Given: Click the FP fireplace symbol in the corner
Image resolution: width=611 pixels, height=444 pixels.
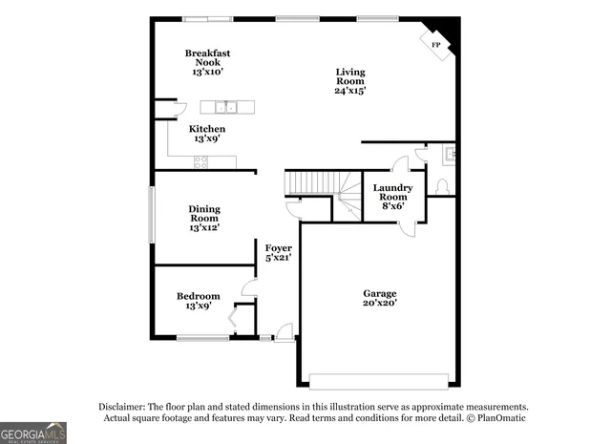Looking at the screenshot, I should pos(437,45).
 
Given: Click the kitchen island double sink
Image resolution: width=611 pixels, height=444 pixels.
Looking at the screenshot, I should pos(225,106).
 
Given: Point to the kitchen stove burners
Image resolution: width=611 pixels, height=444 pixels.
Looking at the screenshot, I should pos(201,162).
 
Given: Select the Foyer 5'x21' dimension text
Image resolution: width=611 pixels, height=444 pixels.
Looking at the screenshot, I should pos(278,257).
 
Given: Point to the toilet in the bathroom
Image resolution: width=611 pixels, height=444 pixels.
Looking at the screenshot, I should pos(441,185).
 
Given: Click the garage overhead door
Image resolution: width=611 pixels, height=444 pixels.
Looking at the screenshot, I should pos(378,380).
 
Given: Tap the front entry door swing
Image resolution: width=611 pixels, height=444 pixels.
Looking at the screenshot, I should pos(283,331).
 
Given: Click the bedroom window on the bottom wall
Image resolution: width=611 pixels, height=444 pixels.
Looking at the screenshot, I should pos(202,337).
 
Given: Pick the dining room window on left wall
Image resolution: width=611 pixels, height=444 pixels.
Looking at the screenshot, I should pos(150,215).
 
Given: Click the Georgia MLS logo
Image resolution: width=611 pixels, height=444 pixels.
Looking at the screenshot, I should pos(33,433).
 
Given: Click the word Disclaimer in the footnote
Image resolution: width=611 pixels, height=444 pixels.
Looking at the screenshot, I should pos(121,406).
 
